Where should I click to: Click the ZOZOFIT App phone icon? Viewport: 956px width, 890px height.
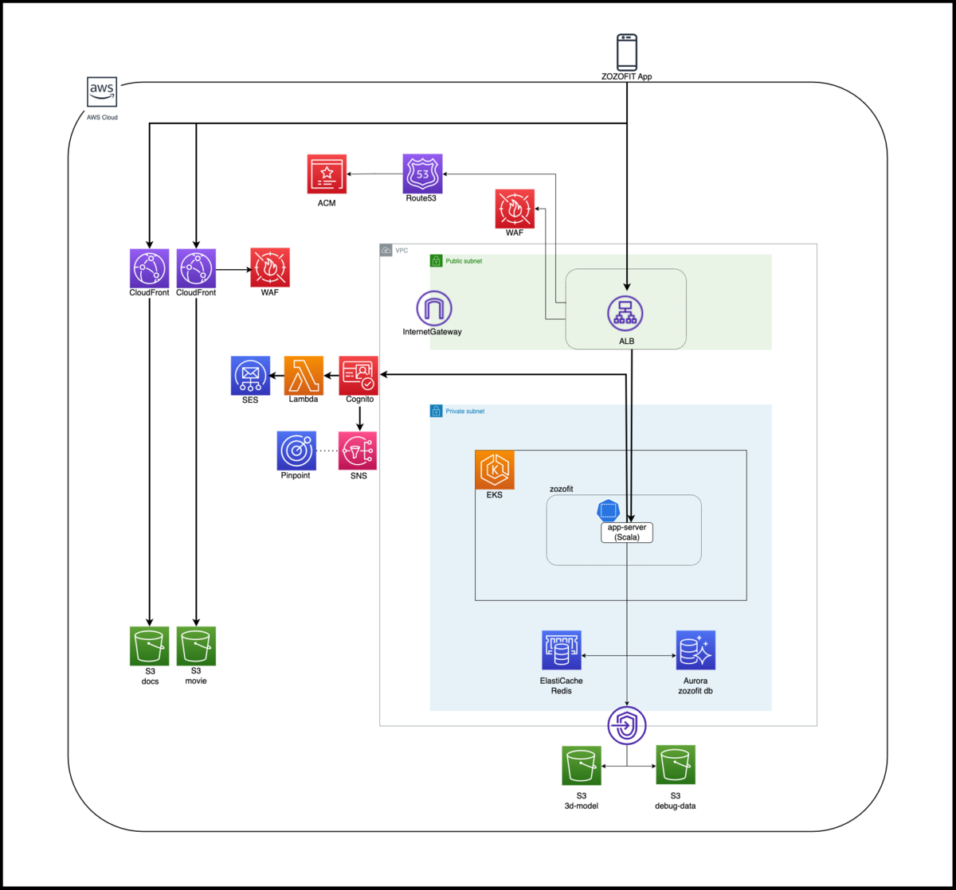(x=627, y=52)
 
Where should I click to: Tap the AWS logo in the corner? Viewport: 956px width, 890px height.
(x=102, y=92)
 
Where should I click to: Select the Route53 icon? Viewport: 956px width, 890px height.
(x=422, y=174)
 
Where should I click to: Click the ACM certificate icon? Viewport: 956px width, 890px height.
(x=327, y=174)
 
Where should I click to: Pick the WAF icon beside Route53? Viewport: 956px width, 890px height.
(x=515, y=209)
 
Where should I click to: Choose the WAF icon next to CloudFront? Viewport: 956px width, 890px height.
(x=270, y=267)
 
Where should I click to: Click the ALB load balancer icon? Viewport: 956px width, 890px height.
(x=625, y=312)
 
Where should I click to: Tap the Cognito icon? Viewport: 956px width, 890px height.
(x=358, y=375)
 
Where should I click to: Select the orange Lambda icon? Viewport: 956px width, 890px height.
(x=304, y=375)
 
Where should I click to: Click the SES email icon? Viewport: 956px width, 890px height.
(x=250, y=375)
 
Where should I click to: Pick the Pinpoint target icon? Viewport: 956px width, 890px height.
(x=296, y=451)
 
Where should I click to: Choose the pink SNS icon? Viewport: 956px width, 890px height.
(x=358, y=451)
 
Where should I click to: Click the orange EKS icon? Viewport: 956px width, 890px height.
(x=495, y=470)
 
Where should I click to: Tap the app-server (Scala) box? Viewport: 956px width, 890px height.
(x=626, y=533)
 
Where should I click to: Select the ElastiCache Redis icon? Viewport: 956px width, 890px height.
(x=562, y=650)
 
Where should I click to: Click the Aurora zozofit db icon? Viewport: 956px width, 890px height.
(x=695, y=650)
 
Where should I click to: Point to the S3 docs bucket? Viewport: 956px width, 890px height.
(x=149, y=646)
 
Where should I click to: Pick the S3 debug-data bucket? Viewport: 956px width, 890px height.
(x=675, y=765)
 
